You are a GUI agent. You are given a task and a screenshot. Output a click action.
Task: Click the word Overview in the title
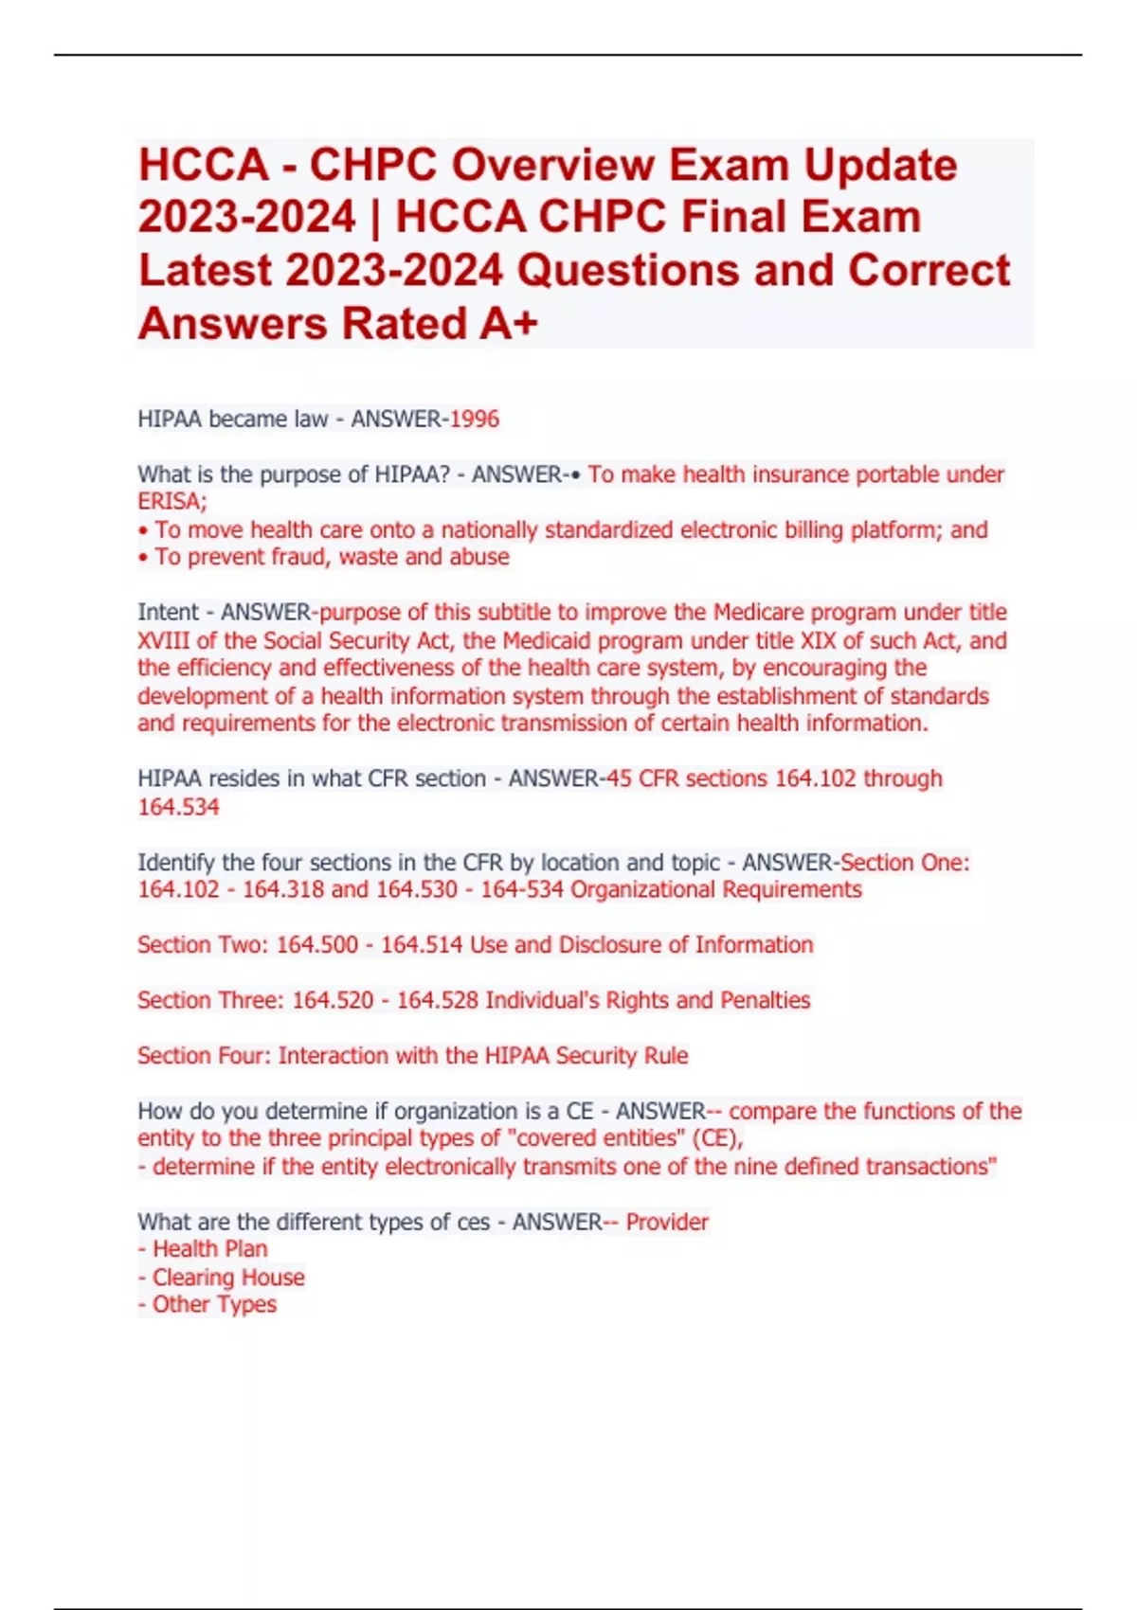tap(550, 166)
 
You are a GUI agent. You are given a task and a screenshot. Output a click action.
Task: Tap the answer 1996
tap(474, 419)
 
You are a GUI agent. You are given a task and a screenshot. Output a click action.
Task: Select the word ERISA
tap(170, 501)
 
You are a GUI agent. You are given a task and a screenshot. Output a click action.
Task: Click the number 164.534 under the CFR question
tap(178, 807)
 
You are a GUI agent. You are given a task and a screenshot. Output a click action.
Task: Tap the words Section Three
tap(206, 1000)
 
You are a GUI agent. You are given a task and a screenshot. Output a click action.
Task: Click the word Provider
tap(667, 1222)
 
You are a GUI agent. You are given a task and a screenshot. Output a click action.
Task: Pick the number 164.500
tap(317, 944)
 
